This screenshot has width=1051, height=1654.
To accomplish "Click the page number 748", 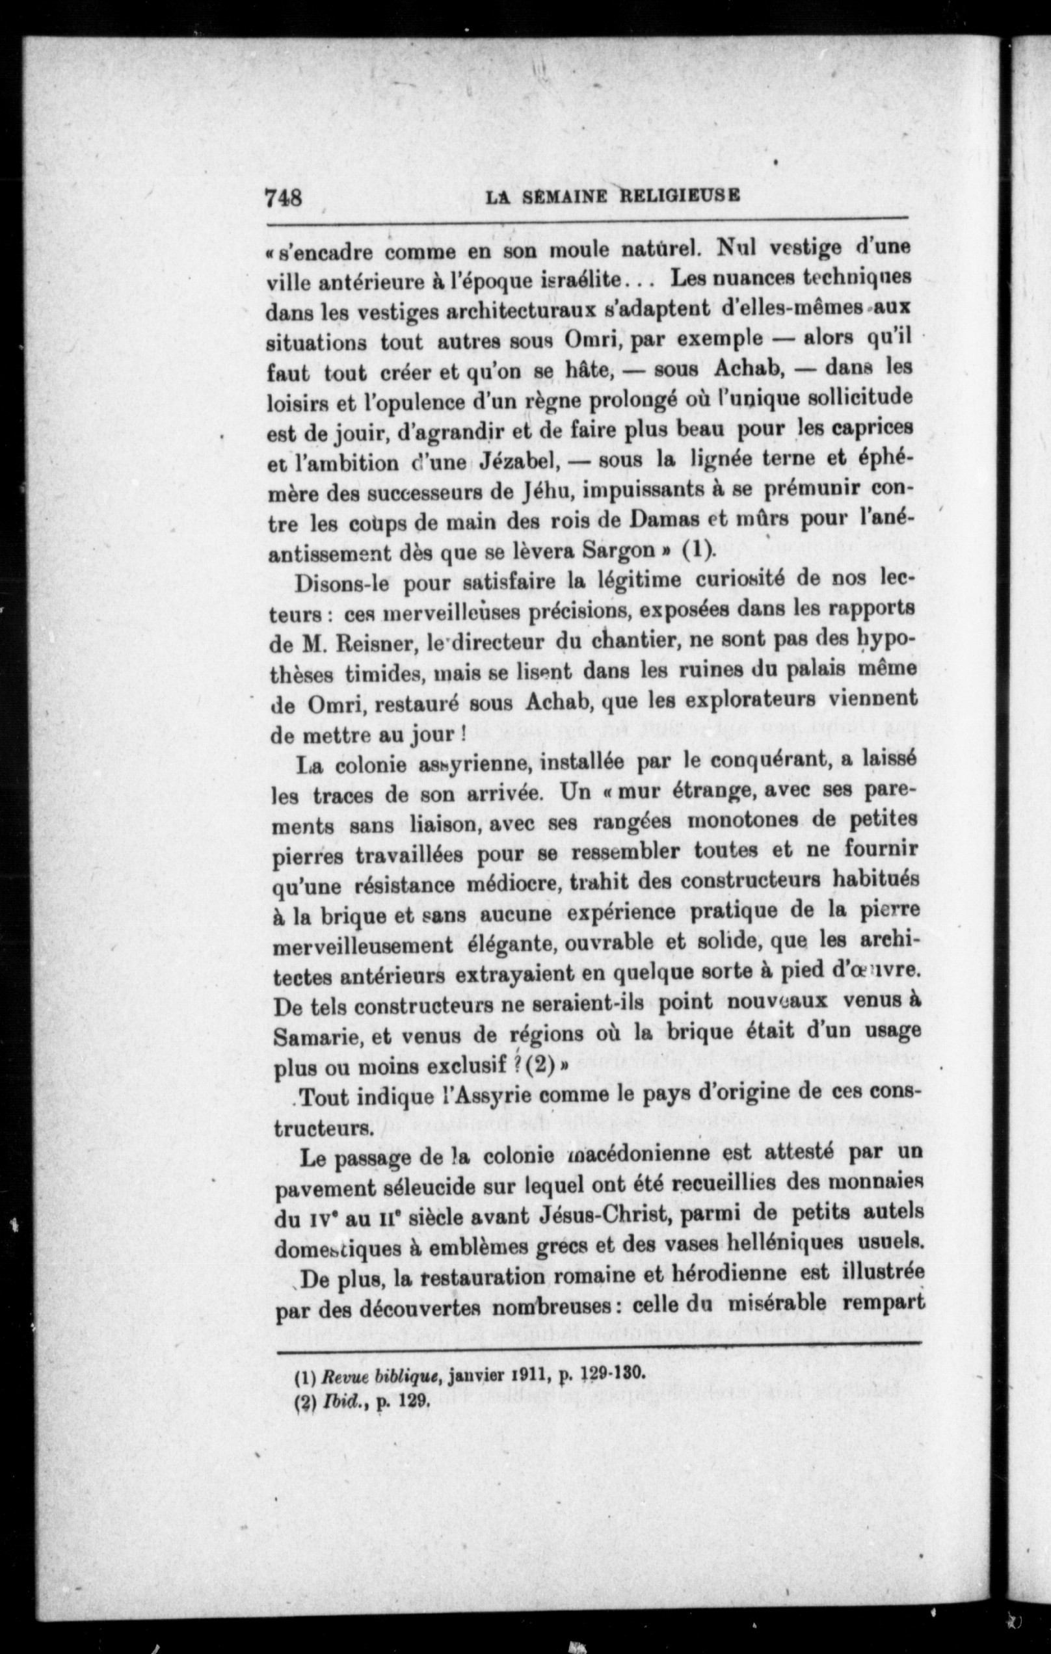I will pos(284,198).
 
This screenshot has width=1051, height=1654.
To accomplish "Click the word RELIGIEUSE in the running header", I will pos(680,196).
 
